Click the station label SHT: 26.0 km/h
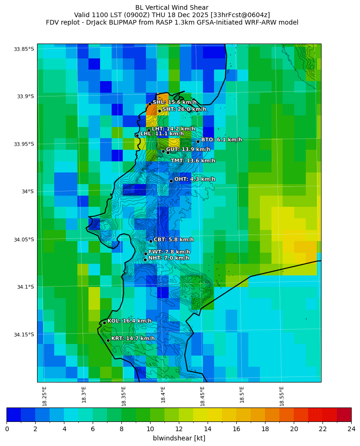coord(184,109)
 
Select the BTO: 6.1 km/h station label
coord(221,140)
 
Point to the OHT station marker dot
coord(171,181)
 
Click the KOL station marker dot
coord(104,323)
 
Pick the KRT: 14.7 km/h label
coord(133,338)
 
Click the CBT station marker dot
coord(151,241)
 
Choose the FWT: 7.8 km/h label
coord(169,252)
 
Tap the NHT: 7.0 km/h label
coord(169,258)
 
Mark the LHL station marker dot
coord(137,135)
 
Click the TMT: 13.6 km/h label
coord(193,160)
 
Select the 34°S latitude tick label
coord(27,191)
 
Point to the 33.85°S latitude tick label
coord(24,49)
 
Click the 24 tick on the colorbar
coord(351,429)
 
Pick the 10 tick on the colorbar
coord(150,429)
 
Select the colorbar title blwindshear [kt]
coord(179,438)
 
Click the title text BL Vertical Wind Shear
coord(172,7)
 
